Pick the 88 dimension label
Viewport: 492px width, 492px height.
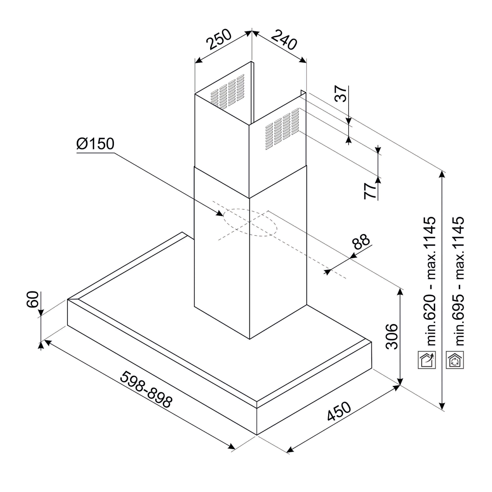[361, 241]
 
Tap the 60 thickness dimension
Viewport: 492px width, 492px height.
[33, 299]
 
